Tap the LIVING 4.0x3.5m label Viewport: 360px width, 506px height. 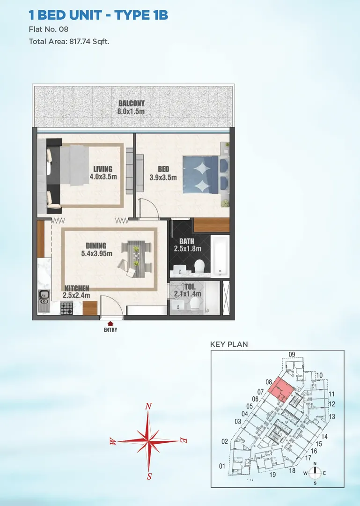click(103, 172)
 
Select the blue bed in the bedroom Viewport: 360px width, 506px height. click(206, 175)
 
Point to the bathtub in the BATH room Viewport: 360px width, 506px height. click(220, 256)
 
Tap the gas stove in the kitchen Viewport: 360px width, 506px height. click(66, 308)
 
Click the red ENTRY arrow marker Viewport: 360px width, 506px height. click(110, 323)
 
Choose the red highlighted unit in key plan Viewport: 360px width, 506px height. click(280, 390)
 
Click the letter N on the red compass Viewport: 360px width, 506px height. click(148, 406)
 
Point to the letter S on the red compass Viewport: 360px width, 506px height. click(149, 476)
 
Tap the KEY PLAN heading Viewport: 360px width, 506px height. click(229, 344)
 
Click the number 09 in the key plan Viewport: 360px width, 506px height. click(292, 354)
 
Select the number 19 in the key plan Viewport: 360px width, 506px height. click(272, 475)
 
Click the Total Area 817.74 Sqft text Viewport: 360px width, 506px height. click(69, 41)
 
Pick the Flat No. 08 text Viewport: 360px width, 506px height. click(48, 29)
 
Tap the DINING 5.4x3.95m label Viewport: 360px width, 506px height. click(96, 249)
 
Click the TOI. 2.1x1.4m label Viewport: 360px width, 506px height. click(188, 290)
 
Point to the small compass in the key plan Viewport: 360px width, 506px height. click(315, 473)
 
